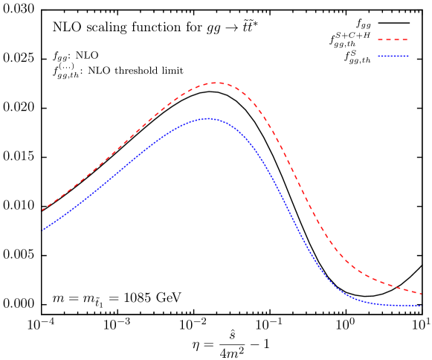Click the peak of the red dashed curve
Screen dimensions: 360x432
point(215,83)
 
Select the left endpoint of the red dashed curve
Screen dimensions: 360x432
point(41,210)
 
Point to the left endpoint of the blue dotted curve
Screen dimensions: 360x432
point(41,231)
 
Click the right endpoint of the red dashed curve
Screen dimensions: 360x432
point(422,293)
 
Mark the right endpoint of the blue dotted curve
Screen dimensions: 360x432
point(422,306)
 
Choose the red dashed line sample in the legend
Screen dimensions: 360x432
point(393,40)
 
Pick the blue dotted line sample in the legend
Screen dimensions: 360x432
point(393,57)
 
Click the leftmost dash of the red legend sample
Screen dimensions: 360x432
point(381,40)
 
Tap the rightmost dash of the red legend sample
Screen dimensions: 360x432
point(404,40)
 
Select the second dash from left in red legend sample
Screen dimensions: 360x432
point(389,40)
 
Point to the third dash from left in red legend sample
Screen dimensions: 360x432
point(396,40)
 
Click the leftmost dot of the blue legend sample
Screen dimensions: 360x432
point(378,57)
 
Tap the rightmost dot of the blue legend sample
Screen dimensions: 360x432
point(407,57)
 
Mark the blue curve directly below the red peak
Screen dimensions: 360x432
point(215,119)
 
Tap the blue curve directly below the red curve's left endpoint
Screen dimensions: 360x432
point(41,231)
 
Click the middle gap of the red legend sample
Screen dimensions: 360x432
point(393,40)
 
